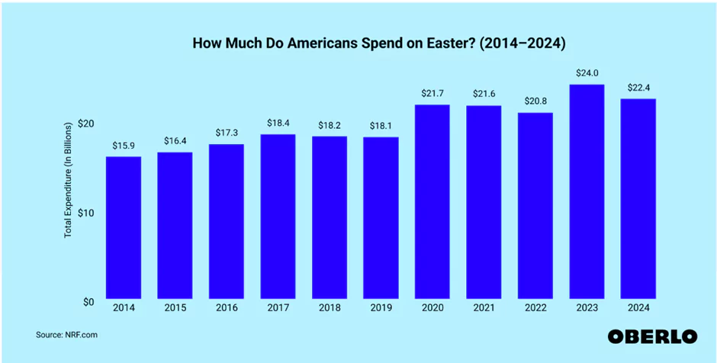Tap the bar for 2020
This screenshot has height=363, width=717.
(432, 201)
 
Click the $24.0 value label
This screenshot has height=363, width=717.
(587, 74)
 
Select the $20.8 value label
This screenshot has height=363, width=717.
(535, 102)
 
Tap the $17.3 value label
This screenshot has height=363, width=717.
(226, 133)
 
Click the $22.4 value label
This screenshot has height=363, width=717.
(638, 88)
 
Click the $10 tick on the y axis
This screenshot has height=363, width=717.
(85, 213)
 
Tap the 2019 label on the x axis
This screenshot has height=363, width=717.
(381, 309)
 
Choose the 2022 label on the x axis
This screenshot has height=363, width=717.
(535, 309)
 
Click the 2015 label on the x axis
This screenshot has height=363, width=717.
(174, 309)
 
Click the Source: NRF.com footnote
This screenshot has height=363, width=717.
(67, 334)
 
